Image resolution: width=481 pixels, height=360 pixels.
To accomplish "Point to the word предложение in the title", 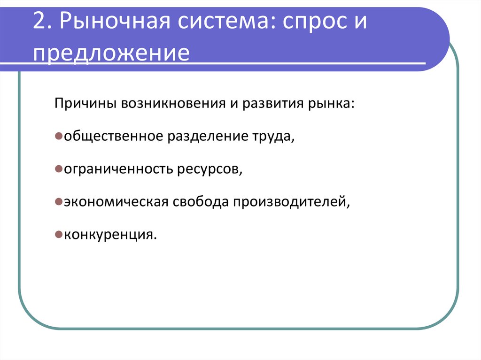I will pos(111,53).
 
